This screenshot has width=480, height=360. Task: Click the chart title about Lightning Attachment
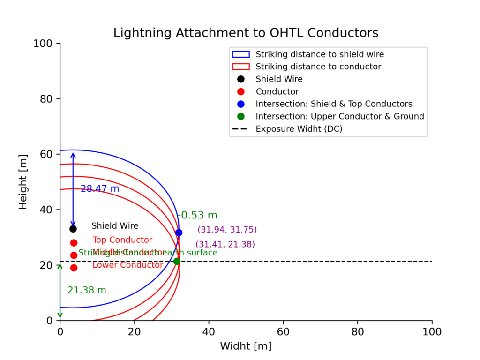[x=246, y=33]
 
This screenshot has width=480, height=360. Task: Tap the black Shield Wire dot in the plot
[x=73, y=229]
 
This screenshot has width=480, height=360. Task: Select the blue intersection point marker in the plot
[x=179, y=232]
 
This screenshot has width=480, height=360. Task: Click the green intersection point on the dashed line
[x=177, y=261]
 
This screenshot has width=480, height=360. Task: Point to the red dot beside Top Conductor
[x=74, y=243]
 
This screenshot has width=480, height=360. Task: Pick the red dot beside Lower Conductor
[x=74, y=268]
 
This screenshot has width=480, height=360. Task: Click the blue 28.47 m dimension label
[x=100, y=188]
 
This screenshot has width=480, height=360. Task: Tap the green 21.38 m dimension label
[x=87, y=290]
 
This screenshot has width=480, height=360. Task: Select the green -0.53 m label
[x=197, y=215]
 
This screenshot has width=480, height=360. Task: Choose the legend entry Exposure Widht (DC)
[x=299, y=129]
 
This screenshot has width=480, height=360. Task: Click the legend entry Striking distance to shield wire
[x=320, y=54]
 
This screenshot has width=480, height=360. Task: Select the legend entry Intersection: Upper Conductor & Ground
[x=339, y=116]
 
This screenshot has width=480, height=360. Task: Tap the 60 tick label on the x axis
[x=283, y=331]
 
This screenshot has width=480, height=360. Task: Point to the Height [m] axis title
[x=23, y=182]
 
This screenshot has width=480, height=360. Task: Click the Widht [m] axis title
[x=246, y=346]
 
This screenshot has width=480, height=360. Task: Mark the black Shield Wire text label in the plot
[x=115, y=226]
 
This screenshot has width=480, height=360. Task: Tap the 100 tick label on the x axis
[x=432, y=331]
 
